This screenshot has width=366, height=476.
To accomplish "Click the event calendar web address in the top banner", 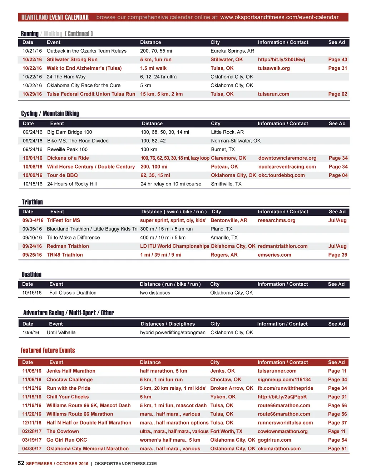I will click(279, 17).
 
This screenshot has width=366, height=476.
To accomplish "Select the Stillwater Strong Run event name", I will click(72, 59).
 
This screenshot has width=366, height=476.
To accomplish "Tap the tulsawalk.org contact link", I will click(274, 68).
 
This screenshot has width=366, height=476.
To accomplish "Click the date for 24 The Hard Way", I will click(32, 77).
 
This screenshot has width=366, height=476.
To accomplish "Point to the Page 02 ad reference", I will click(337, 94).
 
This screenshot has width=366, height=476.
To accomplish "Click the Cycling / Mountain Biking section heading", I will click(50, 113).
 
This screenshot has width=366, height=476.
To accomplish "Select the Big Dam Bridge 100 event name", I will click(69, 132).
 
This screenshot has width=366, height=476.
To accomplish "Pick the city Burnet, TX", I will click(223, 149).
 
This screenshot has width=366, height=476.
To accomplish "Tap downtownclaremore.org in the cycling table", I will click(287, 158).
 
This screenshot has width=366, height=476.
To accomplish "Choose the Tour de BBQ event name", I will click(62, 175).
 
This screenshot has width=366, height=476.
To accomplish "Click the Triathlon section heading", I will click(32, 202).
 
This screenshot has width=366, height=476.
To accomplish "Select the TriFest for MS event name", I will click(63, 220).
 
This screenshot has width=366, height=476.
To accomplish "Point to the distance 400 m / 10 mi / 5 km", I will click(163, 237).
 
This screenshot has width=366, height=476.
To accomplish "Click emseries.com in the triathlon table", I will click(274, 254).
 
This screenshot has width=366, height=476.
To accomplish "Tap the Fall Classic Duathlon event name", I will click(73, 292).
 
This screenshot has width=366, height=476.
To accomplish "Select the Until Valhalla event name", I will click(61, 332).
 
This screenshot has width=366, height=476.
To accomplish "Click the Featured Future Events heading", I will click(48, 350).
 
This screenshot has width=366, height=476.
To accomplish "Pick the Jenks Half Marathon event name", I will click(71, 371).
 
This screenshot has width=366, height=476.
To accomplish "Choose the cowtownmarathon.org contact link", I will click(282, 431).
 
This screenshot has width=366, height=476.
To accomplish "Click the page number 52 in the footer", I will click(21, 463).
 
